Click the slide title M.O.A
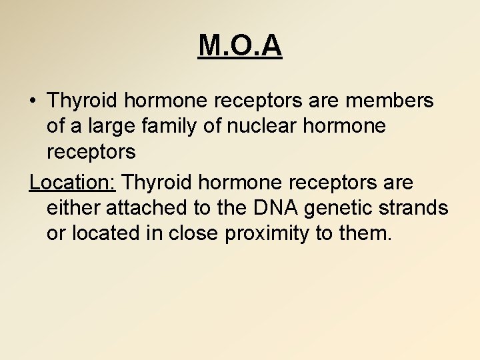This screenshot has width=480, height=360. pos(240,46)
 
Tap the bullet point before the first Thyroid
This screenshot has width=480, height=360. pos(33,101)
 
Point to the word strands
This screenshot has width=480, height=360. pos(417,208)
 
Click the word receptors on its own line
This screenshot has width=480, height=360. pos(91,153)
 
